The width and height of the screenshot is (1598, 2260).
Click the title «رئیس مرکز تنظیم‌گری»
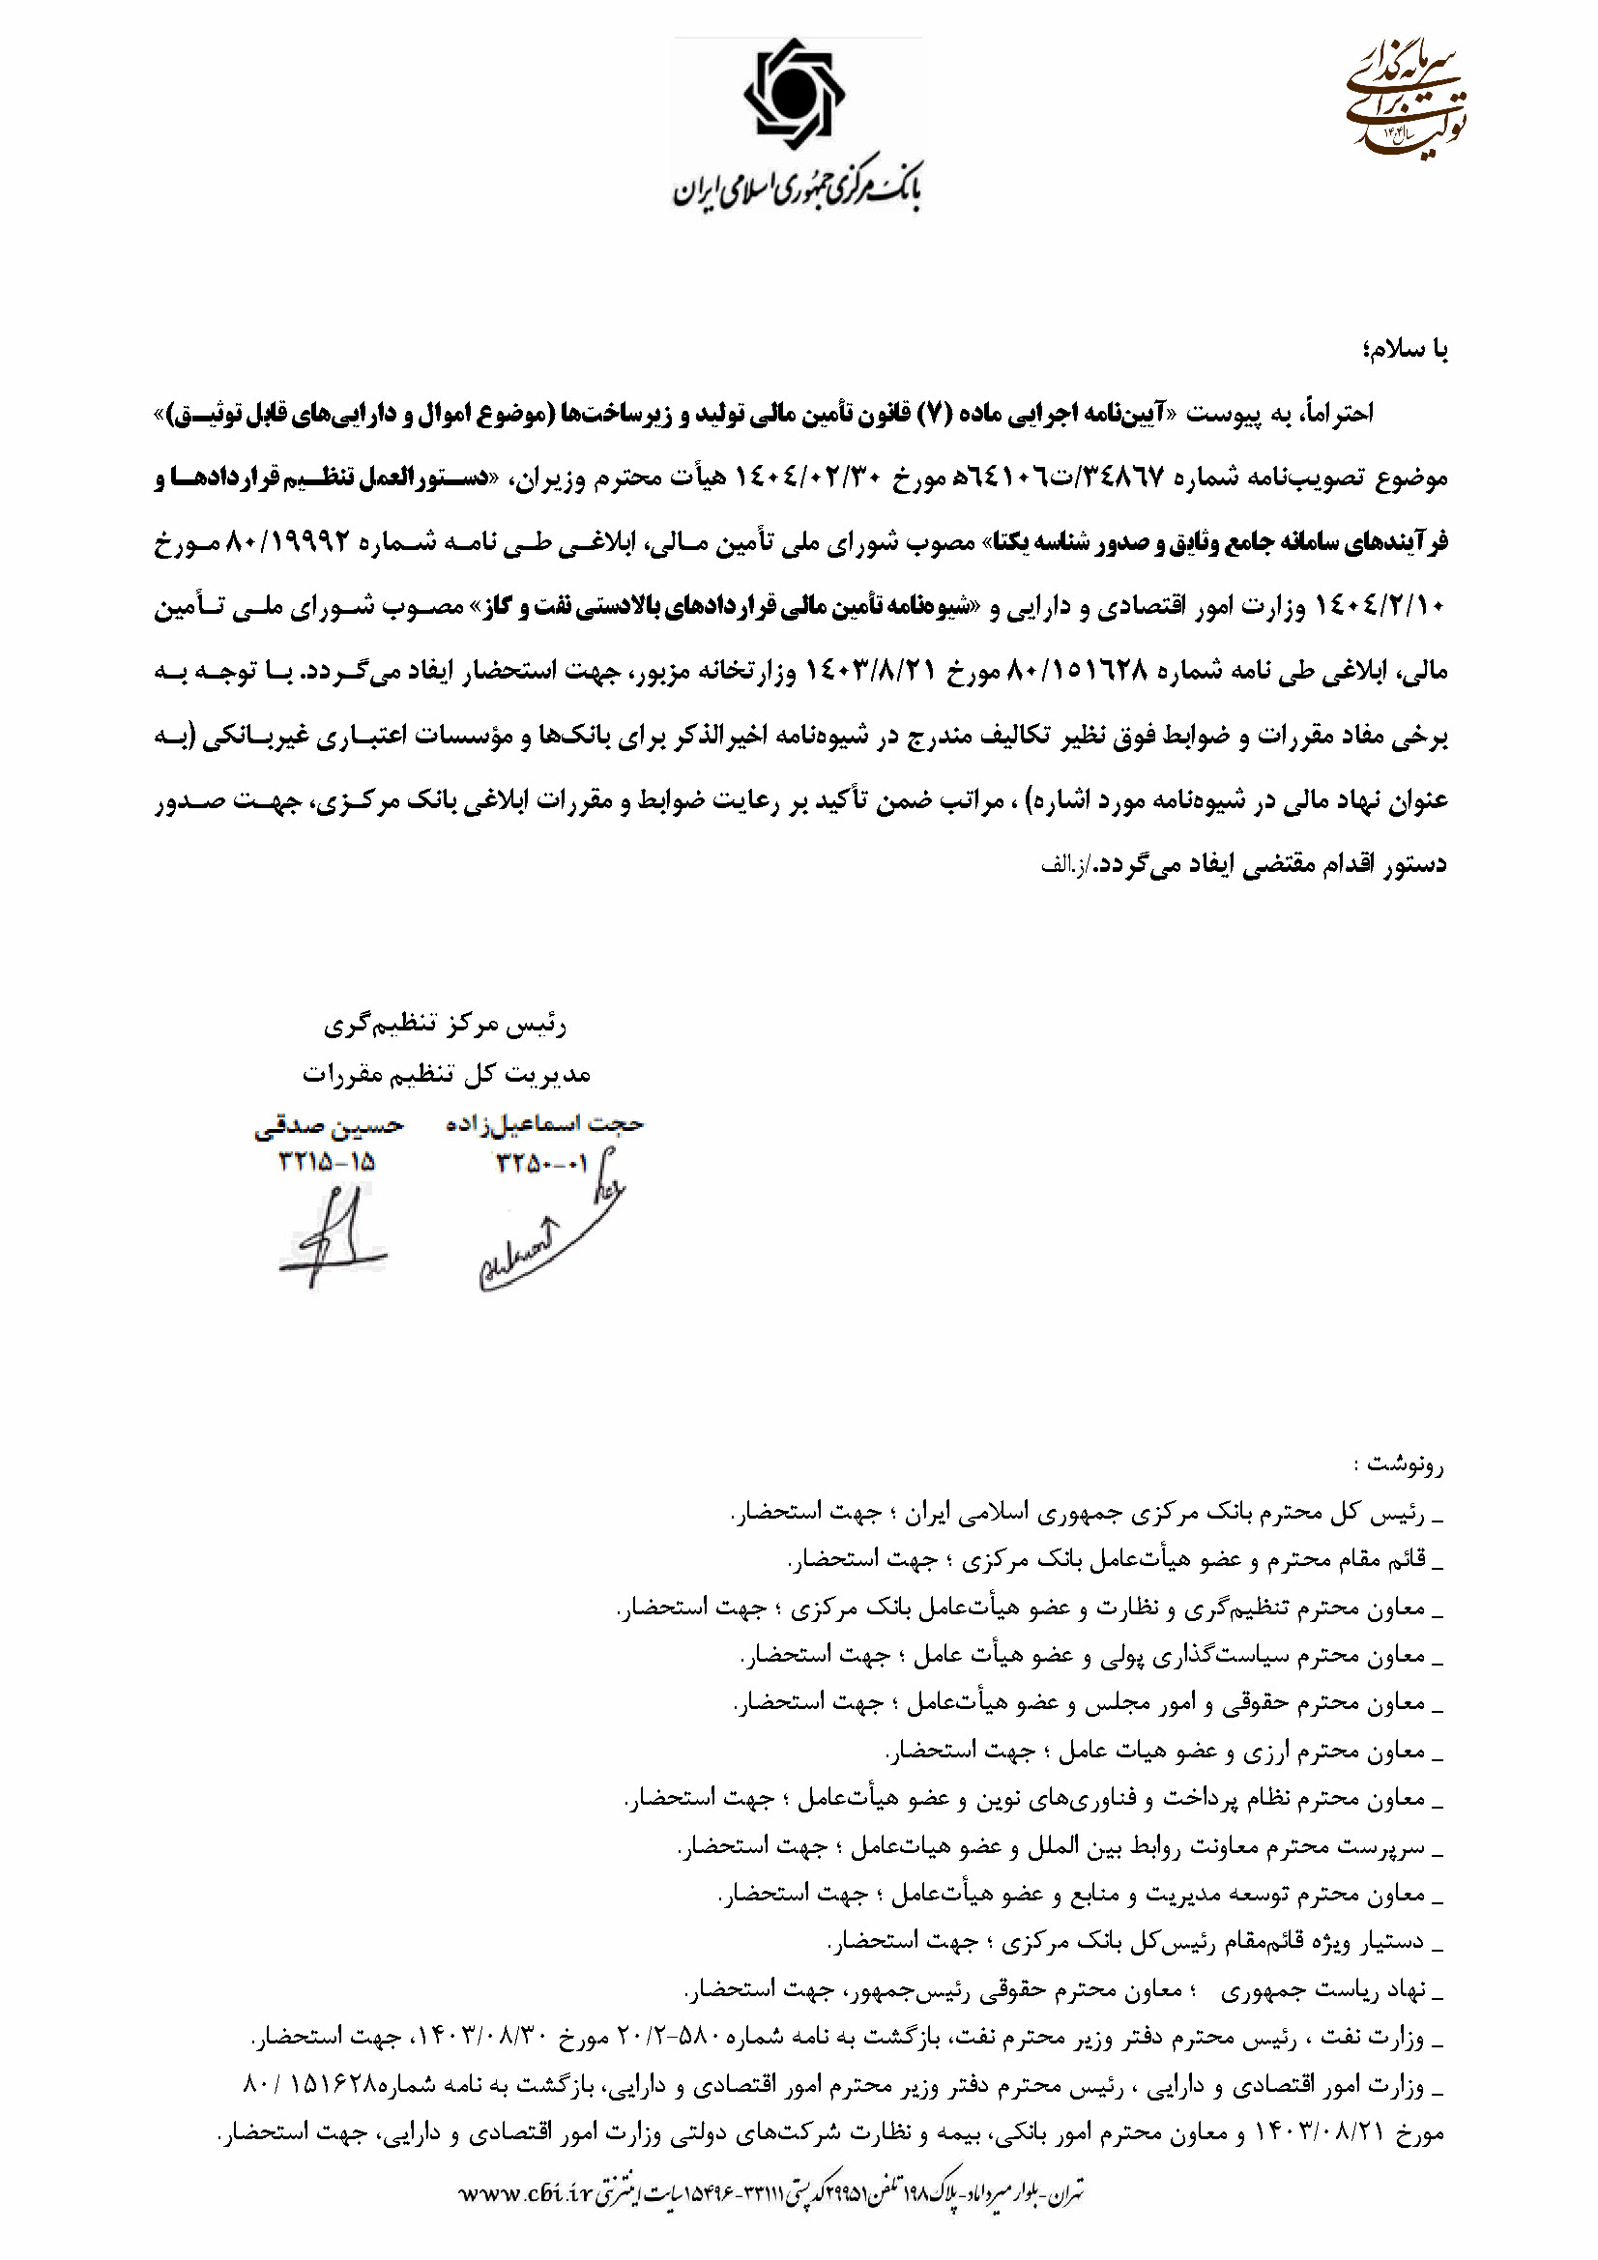445,1026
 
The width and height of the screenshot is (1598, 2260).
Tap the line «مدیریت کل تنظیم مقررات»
446,1073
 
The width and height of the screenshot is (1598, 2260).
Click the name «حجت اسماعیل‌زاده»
544,1124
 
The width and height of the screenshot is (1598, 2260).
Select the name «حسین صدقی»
328,1127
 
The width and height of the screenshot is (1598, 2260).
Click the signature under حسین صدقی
331,1238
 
